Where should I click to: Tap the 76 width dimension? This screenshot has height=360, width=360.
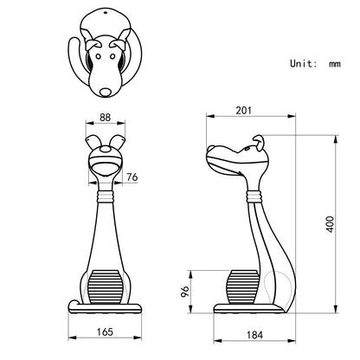(x=132, y=178)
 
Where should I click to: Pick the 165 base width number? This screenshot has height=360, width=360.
(x=105, y=331)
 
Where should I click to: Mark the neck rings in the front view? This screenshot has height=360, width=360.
(x=104, y=197)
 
